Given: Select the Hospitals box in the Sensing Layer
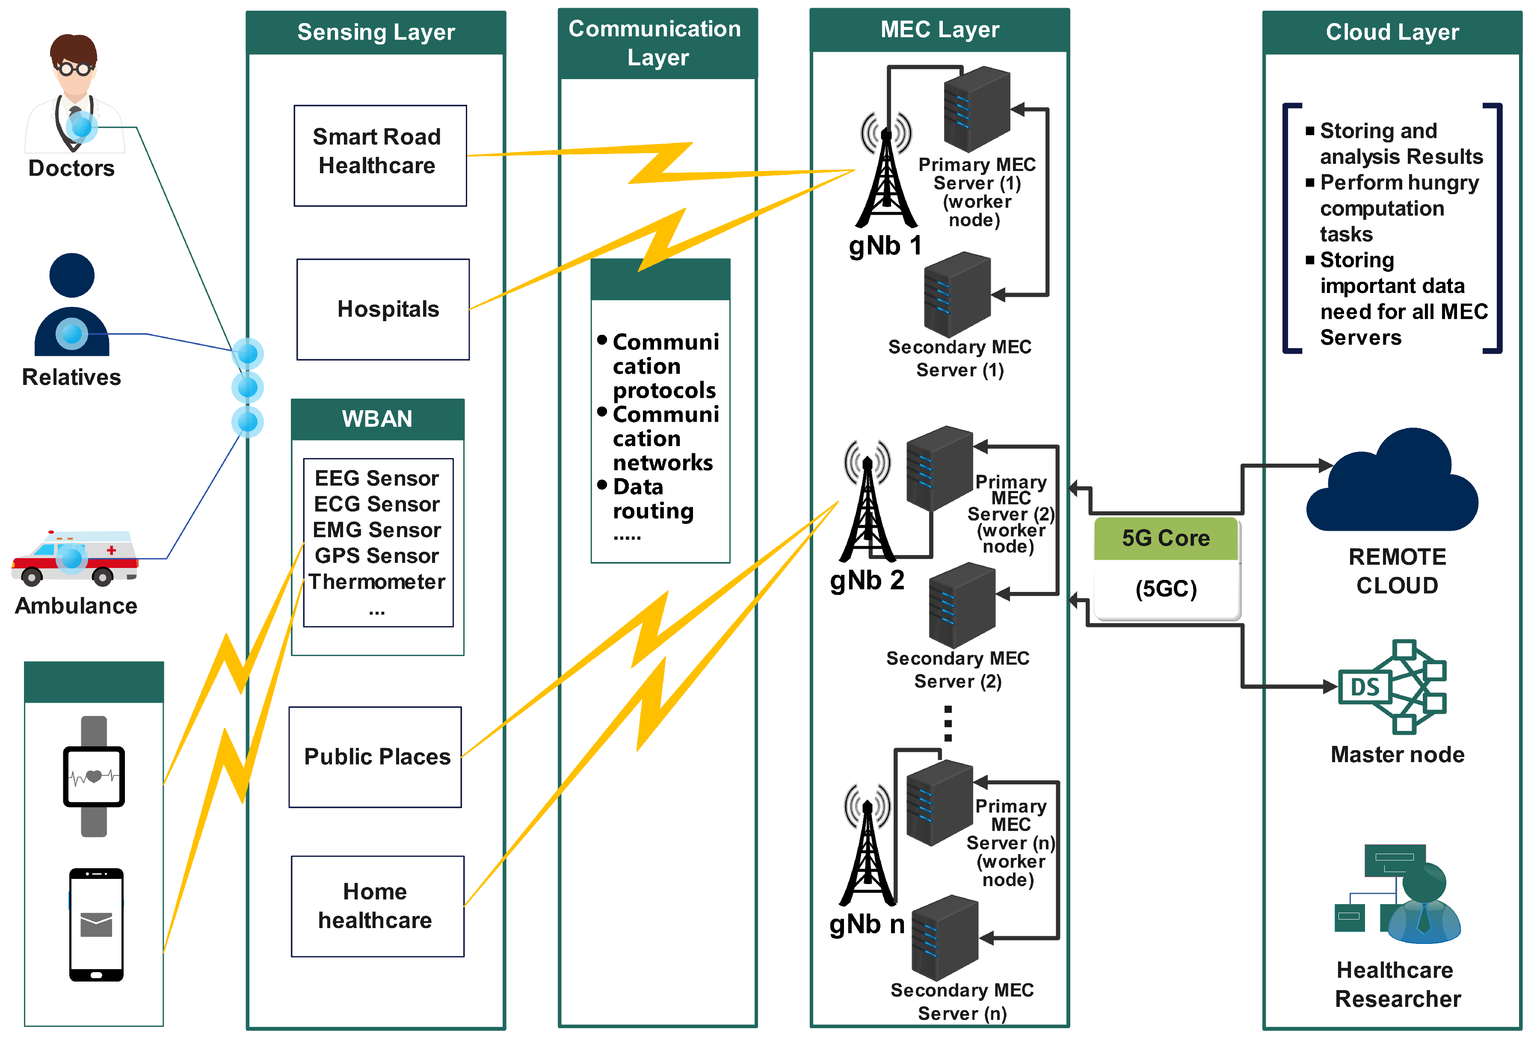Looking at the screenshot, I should tap(383, 309).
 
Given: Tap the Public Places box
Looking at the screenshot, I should tap(375, 757).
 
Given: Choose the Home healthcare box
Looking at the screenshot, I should tap(377, 906).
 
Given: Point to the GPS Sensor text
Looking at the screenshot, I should tap(376, 556).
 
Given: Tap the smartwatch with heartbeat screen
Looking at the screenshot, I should tap(94, 776).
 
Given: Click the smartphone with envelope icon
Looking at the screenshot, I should tap(96, 924).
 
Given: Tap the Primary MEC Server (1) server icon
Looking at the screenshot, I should tap(977, 109).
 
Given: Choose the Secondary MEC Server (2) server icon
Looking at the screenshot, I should tap(962, 605).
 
